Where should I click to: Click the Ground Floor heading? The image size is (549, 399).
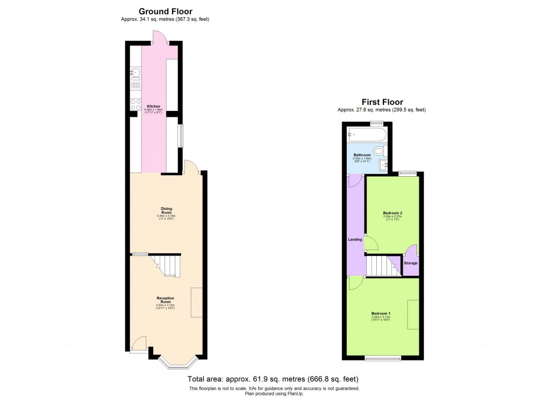(165, 11)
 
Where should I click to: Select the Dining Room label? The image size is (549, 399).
(166, 210)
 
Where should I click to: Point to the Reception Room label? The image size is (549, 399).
(165, 300)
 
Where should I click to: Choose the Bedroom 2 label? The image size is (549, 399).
(392, 213)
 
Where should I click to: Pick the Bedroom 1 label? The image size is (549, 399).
(381, 313)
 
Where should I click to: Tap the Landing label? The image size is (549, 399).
(355, 239)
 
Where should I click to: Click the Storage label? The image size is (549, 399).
(410, 263)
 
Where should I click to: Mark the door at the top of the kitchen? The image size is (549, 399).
(159, 38)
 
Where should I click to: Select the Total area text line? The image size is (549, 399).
(274, 379)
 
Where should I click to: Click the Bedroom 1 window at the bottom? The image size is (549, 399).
(382, 358)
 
